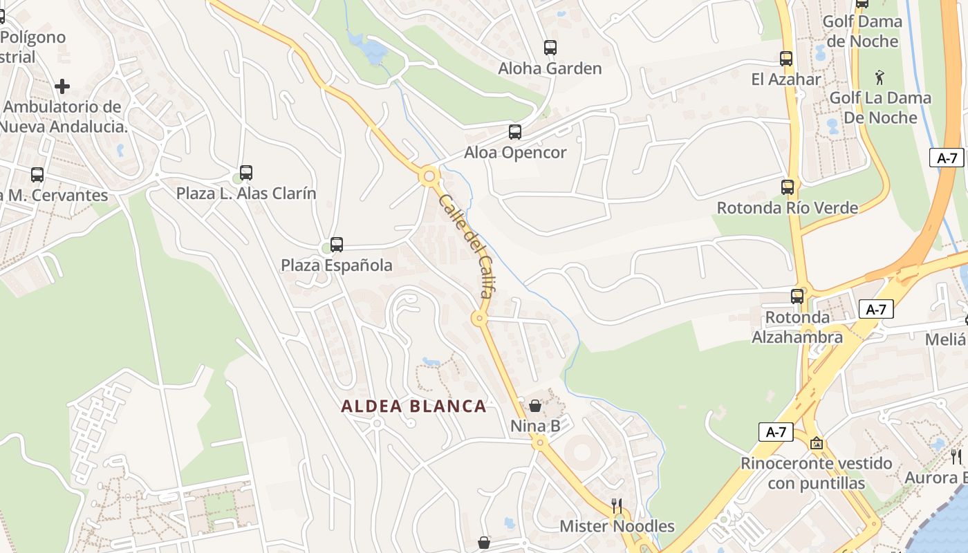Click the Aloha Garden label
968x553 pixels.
pyautogui.click(x=550, y=68)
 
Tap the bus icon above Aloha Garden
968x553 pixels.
pyautogui.click(x=550, y=48)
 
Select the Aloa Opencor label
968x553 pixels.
pyautogui.click(x=515, y=153)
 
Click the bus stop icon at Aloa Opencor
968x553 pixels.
pyautogui.click(x=515, y=132)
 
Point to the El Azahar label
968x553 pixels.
pyautogui.click(x=786, y=79)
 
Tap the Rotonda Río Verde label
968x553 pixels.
pyautogui.click(x=787, y=207)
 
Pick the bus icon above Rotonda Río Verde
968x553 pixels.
pyautogui.click(x=788, y=187)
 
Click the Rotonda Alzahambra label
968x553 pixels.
pyautogui.click(x=797, y=327)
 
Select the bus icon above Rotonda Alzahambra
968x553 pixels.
pyautogui.click(x=797, y=296)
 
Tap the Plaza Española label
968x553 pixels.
pyautogui.click(x=336, y=265)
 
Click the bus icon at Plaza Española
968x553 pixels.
pyautogui.click(x=337, y=244)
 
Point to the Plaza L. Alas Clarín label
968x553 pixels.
pyautogui.click(x=245, y=194)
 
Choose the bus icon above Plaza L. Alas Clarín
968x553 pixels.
pyautogui.click(x=246, y=173)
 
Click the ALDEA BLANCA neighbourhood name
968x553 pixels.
pyautogui.click(x=413, y=406)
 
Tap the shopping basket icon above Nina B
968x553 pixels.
pyautogui.click(x=535, y=406)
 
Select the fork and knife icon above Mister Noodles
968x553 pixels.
pyautogui.click(x=617, y=506)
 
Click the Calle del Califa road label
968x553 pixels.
pyautogui.click(x=465, y=246)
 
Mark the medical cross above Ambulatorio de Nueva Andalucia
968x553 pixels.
pyautogui.click(x=62, y=86)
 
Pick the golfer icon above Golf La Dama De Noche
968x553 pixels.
pyautogui.click(x=879, y=77)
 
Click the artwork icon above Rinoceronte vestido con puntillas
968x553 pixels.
pyautogui.click(x=817, y=443)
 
